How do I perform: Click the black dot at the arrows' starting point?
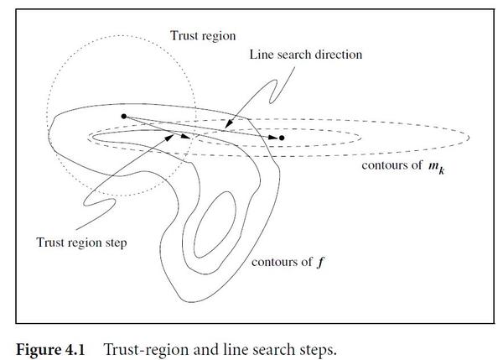click(124, 116)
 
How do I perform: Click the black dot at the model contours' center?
click(282, 138)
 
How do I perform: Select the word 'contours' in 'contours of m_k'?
click(381, 164)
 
